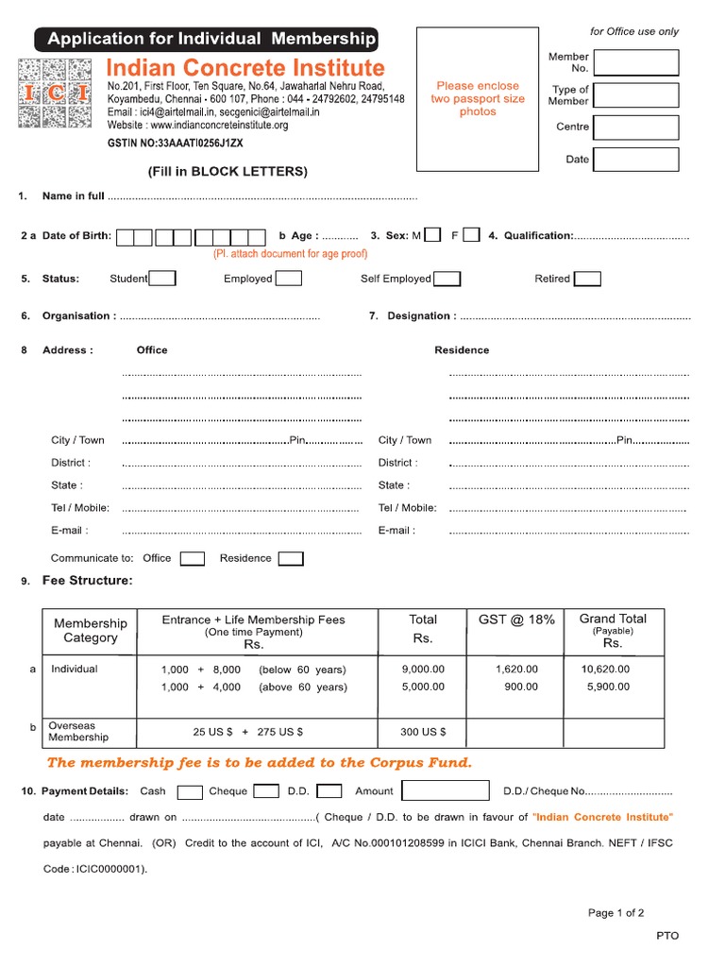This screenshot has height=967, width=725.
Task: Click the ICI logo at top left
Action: pyautogui.click(x=56, y=93)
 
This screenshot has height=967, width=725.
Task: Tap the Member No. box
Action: pyautogui.click(x=635, y=62)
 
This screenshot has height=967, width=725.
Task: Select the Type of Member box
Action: pyautogui.click(x=635, y=95)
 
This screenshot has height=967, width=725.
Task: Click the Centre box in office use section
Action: pyautogui.click(x=635, y=127)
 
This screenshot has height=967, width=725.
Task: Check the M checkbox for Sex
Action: pyautogui.click(x=432, y=235)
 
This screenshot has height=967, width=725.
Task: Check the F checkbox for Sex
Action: pyautogui.click(x=471, y=235)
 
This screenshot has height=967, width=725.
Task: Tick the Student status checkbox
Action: pyautogui.click(x=162, y=279)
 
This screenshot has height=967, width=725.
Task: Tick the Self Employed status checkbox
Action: pyautogui.click(x=447, y=279)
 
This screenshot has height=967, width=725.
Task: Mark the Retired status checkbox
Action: pyautogui.click(x=587, y=279)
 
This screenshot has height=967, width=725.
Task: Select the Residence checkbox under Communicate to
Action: pyautogui.click(x=291, y=558)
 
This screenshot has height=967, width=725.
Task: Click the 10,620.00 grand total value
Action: pyautogui.click(x=605, y=669)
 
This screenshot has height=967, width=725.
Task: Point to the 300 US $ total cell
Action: pyautogui.click(x=423, y=732)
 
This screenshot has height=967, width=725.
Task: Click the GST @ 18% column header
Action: pyautogui.click(x=516, y=619)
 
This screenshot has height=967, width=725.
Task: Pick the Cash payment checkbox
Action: pyautogui.click(x=190, y=791)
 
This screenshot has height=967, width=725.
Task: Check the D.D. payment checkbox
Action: pyautogui.click(x=329, y=791)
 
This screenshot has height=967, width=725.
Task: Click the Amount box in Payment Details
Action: pyautogui.click(x=446, y=791)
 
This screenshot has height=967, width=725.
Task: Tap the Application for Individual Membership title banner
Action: pyautogui.click(x=206, y=39)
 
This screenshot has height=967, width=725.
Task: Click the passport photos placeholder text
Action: pyautogui.click(x=478, y=98)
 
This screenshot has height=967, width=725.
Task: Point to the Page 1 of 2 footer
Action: pyautogui.click(x=615, y=913)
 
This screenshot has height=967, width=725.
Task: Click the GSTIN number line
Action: pyautogui.click(x=175, y=143)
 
